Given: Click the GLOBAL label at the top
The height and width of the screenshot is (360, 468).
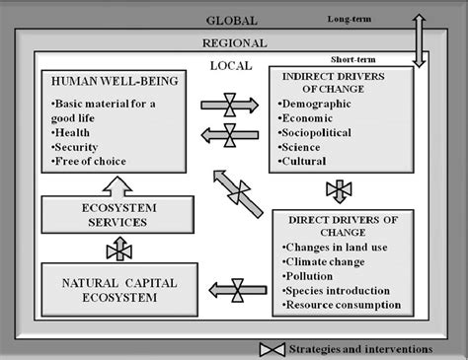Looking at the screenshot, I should [231, 20].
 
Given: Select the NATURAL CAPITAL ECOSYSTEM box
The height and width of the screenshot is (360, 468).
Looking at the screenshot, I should [118, 283].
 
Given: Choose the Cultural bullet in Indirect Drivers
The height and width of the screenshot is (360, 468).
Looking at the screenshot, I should [310, 161].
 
